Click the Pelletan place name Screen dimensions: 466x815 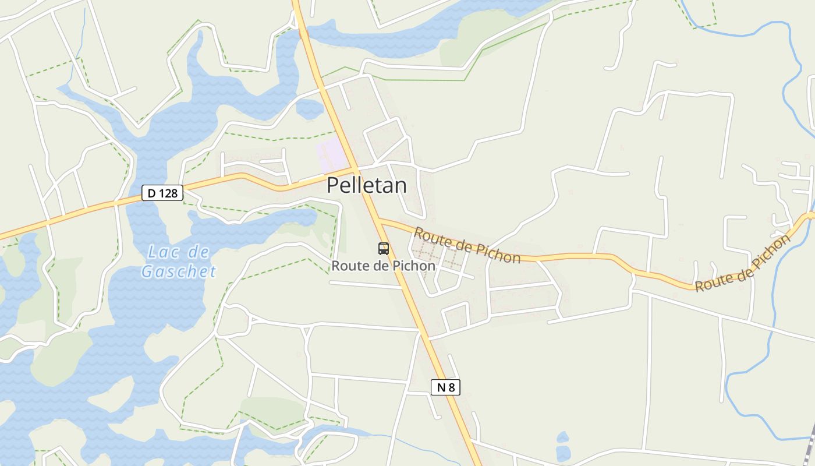pyautogui.click(x=366, y=185)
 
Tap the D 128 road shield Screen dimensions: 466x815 pyautogui.click(x=162, y=193)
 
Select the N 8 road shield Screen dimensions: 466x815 pyautogui.click(x=445, y=387)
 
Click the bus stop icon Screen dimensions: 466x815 pyautogui.click(x=383, y=249)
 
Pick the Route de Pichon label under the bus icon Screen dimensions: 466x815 pyautogui.click(x=383, y=266)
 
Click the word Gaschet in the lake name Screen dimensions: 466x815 pyautogui.click(x=179, y=271)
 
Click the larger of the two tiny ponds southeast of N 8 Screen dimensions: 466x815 pyautogui.click(x=563, y=452)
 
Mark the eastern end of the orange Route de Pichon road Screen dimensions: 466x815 pyautogui.click(x=810, y=216)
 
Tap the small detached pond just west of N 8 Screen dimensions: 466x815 pyautogui.click(x=309, y=108)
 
